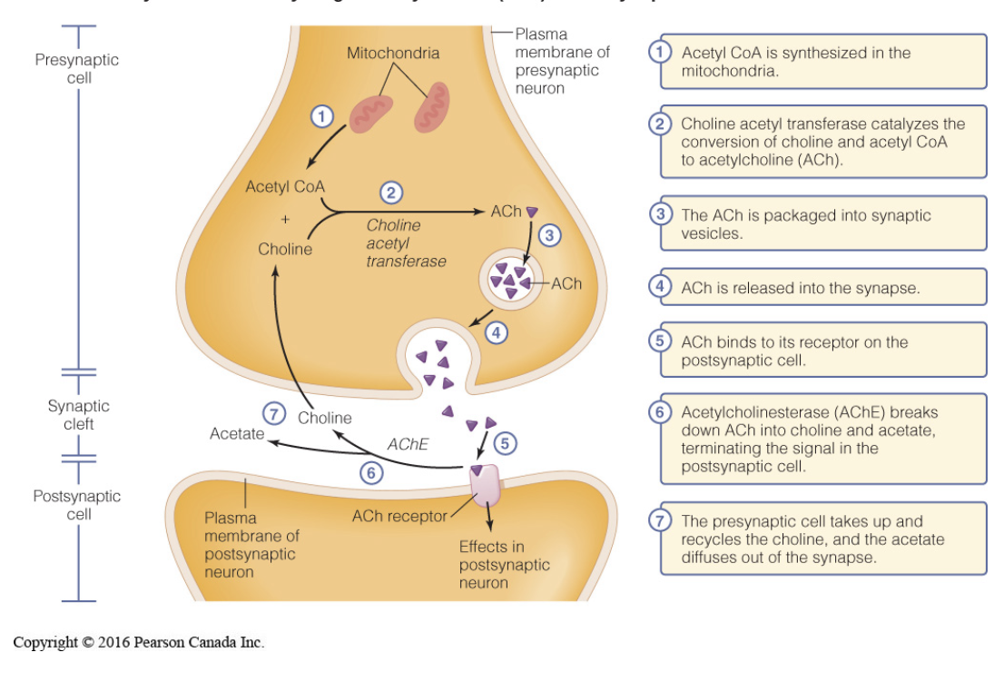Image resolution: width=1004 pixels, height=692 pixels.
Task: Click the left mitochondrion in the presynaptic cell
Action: pos(372,109)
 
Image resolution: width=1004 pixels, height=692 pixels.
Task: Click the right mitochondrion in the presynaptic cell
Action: pos(432,107)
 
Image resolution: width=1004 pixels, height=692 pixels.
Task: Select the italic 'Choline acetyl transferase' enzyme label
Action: pos(406,242)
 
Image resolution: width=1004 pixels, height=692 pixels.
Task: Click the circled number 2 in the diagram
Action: pos(391,193)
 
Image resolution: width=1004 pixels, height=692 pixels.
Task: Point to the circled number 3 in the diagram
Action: pos(547,235)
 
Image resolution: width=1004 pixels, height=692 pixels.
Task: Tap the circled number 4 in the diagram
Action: pos(496,332)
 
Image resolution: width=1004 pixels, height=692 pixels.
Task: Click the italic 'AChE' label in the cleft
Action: pos(407,445)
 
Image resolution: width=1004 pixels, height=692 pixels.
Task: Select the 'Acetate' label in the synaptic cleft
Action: pos(237,434)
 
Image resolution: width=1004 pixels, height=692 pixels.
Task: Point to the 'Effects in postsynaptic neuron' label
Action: pos(504,564)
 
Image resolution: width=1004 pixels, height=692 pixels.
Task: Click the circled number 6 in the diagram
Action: pos(369,472)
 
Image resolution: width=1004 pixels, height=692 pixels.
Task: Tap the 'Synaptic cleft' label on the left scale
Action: pos(79,415)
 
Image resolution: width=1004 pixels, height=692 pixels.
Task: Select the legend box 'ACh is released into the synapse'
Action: pos(822,288)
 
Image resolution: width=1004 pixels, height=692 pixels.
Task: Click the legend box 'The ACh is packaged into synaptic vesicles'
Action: pos(822,223)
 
